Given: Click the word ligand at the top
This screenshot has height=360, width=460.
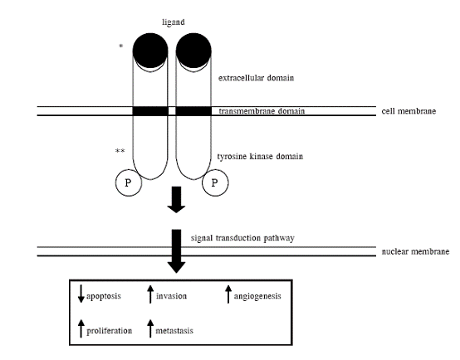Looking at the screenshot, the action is pyautogui.click(x=174, y=22).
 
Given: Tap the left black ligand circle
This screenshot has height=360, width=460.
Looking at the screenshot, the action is pyautogui.click(x=150, y=51).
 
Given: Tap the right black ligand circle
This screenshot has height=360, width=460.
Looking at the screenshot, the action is pyautogui.click(x=193, y=51).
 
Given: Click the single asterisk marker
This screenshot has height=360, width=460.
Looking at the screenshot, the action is pyautogui.click(x=120, y=46).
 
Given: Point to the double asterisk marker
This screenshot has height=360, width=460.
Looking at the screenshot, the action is pyautogui.click(x=120, y=151).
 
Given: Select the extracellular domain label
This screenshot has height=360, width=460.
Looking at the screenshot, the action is pyautogui.click(x=256, y=78).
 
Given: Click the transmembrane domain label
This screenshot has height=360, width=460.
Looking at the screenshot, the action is pyautogui.click(x=262, y=111).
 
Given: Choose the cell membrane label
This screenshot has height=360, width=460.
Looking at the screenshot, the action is pyautogui.click(x=409, y=111).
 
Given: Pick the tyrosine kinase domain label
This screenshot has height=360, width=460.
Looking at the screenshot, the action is pyautogui.click(x=260, y=156).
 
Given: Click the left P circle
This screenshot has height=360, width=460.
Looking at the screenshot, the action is pyautogui.click(x=129, y=182).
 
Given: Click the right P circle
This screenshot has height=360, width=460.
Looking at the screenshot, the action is pyautogui.click(x=215, y=182).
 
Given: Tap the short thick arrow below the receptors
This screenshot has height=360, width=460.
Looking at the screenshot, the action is pyautogui.click(x=176, y=200).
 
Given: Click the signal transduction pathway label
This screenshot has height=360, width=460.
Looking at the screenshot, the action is pyautogui.click(x=242, y=238).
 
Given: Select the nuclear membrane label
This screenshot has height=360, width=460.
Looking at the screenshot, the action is pyautogui.click(x=415, y=251).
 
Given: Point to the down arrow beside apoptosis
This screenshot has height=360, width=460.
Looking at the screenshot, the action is pyautogui.click(x=81, y=294).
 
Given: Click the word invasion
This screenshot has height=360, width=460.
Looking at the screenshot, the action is pyautogui.click(x=171, y=296).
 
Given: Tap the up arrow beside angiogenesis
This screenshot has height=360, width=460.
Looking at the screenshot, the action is pyautogui.click(x=228, y=294).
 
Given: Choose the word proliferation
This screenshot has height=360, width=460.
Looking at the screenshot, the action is pyautogui.click(x=109, y=331).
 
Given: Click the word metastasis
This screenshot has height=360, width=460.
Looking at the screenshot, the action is pyautogui.click(x=174, y=331).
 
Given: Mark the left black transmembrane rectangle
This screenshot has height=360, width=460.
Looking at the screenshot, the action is pyautogui.click(x=150, y=111).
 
